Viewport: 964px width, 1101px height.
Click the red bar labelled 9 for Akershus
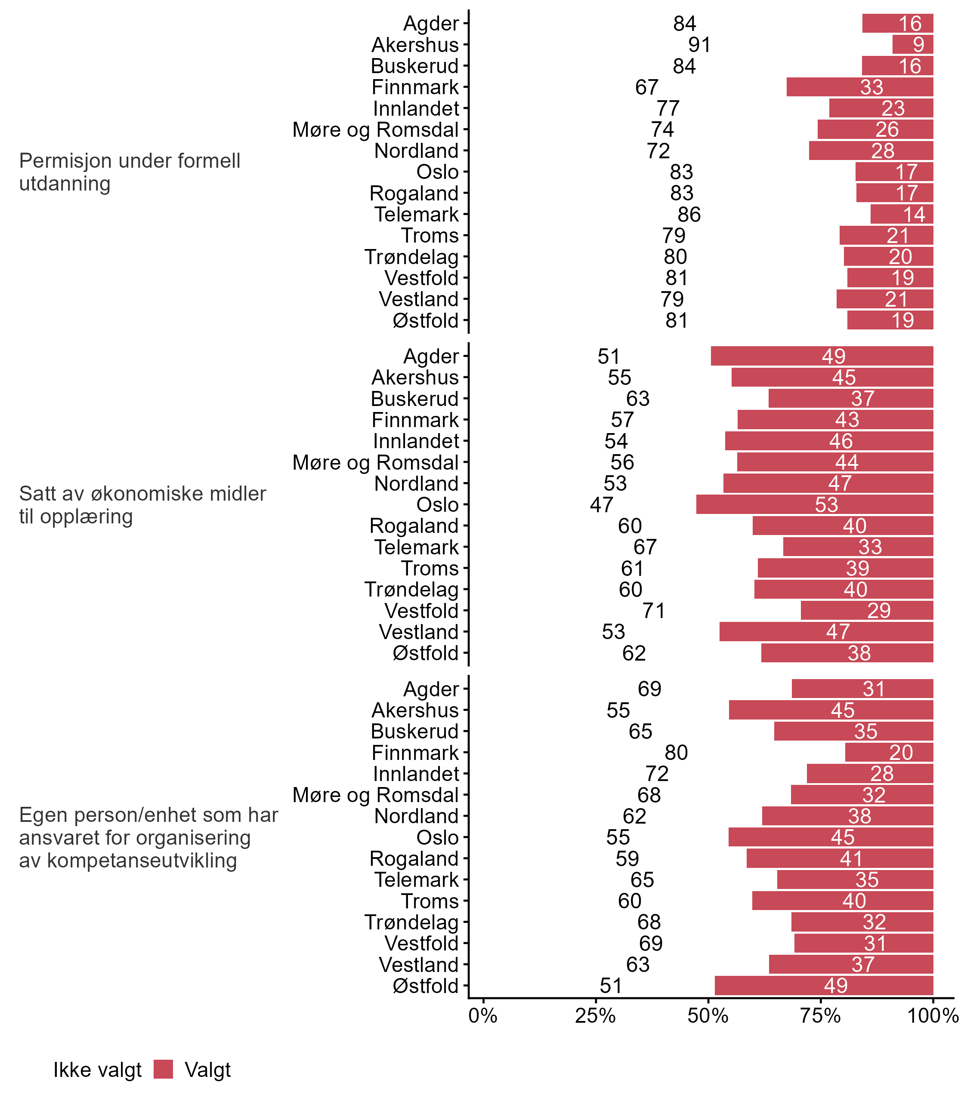click(912, 45)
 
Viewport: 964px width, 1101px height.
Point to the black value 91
click(699, 45)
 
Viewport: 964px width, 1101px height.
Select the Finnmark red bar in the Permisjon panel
click(860, 87)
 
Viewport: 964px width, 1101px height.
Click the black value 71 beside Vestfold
click(654, 611)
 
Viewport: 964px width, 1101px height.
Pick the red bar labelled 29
click(867, 611)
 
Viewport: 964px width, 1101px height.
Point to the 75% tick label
click(820, 1015)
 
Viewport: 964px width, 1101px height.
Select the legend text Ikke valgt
click(97, 1070)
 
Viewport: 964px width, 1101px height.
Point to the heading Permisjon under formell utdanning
click(130, 172)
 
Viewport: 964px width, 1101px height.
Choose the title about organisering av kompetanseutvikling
click(148, 838)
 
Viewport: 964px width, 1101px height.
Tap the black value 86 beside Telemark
click(689, 215)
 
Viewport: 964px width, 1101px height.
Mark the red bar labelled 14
click(902, 215)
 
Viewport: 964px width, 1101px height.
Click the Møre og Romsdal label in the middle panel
click(375, 462)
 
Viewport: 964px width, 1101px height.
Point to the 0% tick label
click(482, 1015)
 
